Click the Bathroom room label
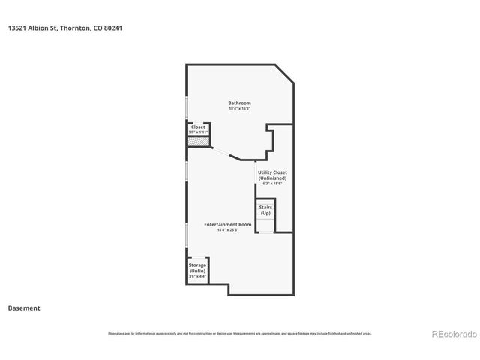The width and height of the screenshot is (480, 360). [240, 103]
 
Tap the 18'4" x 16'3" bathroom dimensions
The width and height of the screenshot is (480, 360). [240, 109]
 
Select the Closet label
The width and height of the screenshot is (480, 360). [198, 127]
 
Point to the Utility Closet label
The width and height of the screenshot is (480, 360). [272, 172]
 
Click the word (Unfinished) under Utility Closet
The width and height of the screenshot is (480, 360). [272, 178]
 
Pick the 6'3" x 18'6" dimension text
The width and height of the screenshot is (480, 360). [272, 184]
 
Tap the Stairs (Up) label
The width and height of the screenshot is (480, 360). [265, 209]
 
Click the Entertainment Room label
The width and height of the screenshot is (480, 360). [228, 224]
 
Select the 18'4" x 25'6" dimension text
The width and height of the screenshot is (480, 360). [228, 230]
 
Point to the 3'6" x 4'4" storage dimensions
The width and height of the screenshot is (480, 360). [197, 276]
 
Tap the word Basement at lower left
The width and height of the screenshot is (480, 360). [24, 307]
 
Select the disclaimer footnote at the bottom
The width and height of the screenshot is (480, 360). [240, 333]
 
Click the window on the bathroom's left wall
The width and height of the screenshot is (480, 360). [187, 107]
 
